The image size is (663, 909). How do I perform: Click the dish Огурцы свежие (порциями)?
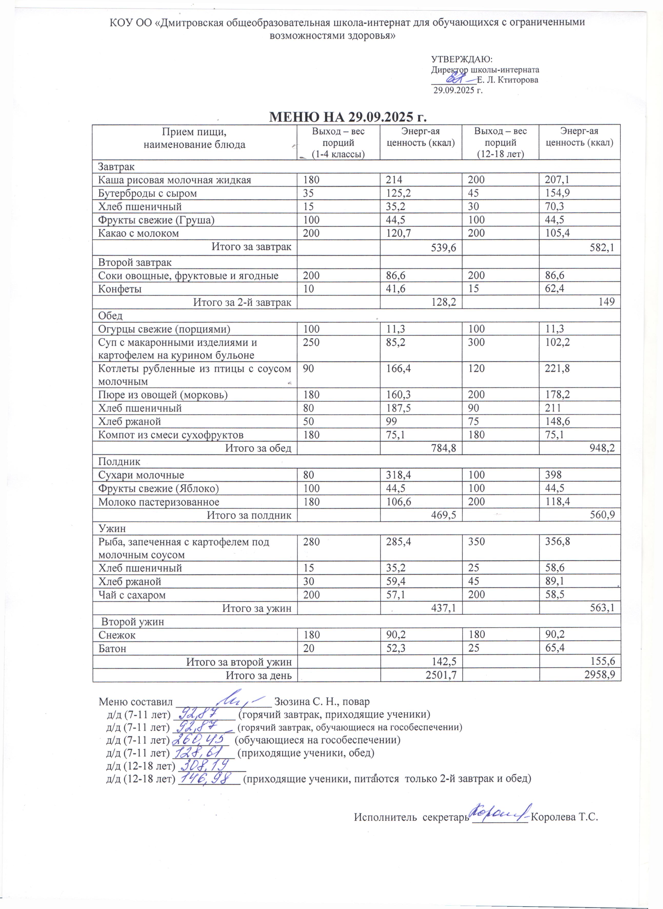pos(165,329)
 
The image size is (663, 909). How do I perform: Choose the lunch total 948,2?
pos(601,448)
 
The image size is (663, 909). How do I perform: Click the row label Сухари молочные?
pos(141,475)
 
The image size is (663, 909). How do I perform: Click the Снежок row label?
pos(117,635)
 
